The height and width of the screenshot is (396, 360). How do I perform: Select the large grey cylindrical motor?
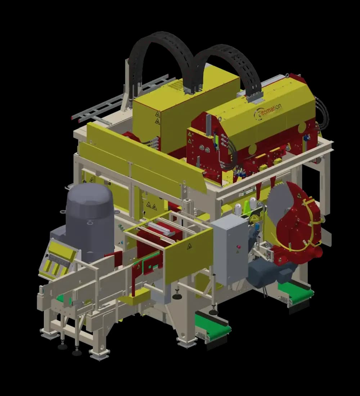[90, 222]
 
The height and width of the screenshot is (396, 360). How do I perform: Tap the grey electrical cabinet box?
[230, 251]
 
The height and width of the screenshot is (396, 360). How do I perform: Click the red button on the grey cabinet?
[238, 247]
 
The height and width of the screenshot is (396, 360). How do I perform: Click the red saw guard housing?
[298, 225]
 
